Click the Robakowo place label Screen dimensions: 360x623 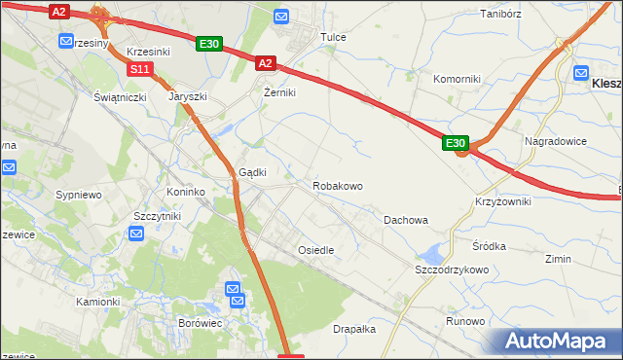click(338, 185)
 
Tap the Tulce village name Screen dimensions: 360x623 click(334, 37)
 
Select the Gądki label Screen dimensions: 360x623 click(253, 171)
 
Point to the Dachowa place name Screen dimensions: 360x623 click(406, 220)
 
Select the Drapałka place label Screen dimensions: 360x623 click(354, 329)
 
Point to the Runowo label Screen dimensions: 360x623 click(465, 321)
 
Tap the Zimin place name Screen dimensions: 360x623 click(558, 259)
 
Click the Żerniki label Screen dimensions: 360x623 click(279, 92)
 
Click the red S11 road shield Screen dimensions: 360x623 click(140, 69)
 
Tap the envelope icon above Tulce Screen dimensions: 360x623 click(281, 16)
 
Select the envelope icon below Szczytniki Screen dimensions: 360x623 click(137, 234)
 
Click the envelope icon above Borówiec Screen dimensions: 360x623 click(234, 289)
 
